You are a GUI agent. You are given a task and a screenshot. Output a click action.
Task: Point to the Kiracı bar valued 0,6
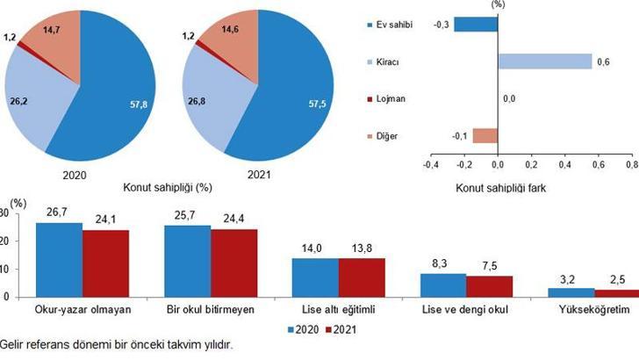pos(544,61)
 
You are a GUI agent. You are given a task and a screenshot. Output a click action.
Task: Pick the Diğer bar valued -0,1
pos(485,136)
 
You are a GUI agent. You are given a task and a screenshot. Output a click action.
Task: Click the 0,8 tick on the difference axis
pos(630,163)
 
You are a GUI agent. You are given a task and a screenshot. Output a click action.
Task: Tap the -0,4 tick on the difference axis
pos(429,163)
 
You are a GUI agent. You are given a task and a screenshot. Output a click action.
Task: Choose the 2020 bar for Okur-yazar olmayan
pos(59,260)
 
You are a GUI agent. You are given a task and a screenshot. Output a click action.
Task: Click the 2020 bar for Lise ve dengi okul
pos(442,285)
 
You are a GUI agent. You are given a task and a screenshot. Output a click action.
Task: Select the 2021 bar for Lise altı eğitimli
pos(361,277)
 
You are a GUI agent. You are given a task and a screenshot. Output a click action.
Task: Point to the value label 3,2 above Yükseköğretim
pos(559,279)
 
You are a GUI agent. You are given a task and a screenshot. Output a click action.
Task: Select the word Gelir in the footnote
pos(13,346)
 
